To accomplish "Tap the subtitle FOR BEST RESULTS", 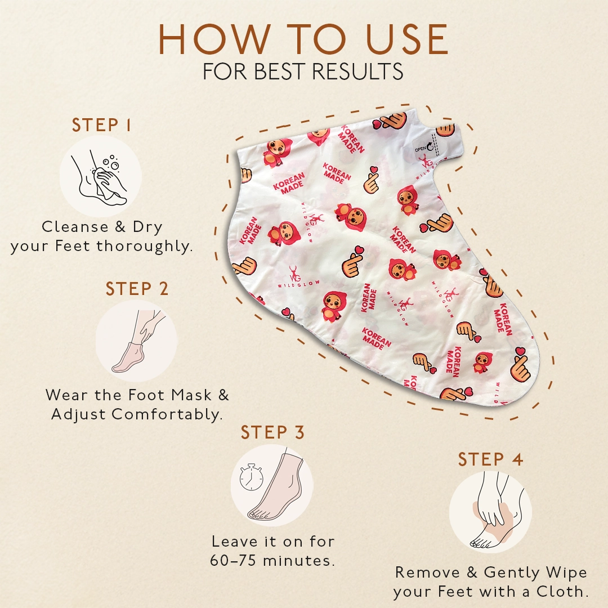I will pyautogui.click(x=303, y=72).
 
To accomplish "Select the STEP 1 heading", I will pyautogui.click(x=101, y=126).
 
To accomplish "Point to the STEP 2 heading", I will pyautogui.click(x=137, y=289).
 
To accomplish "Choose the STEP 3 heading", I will pyautogui.click(x=272, y=432).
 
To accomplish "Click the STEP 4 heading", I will pyautogui.click(x=490, y=459).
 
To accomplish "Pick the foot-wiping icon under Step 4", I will pyautogui.click(x=490, y=512).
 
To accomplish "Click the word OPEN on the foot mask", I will pyautogui.click(x=420, y=149).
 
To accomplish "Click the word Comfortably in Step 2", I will pyautogui.click(x=167, y=414).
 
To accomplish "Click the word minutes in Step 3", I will pyautogui.click(x=299, y=561).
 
